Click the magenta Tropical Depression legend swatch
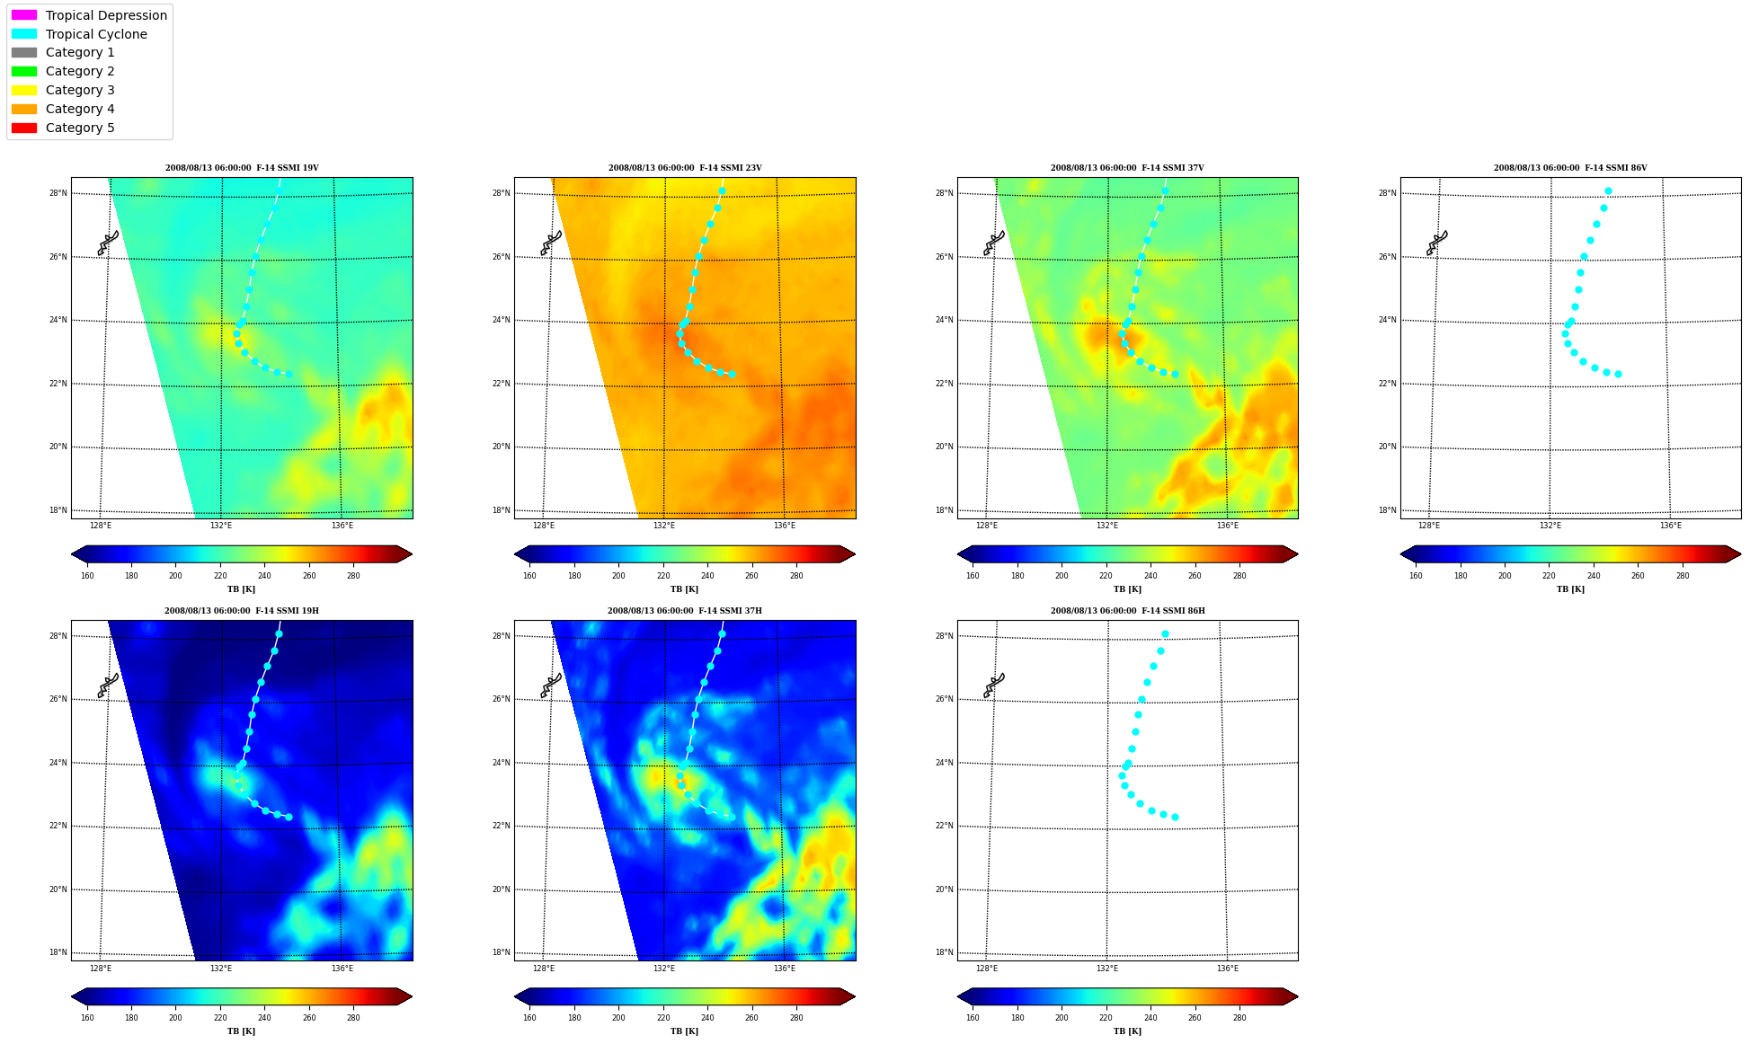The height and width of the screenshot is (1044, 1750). click(x=24, y=15)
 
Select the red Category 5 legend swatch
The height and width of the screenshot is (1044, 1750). click(x=24, y=128)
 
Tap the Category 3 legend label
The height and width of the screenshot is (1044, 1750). click(x=80, y=90)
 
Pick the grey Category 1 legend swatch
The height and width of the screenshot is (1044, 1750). click(x=24, y=53)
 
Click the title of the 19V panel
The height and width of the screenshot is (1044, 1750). click(x=242, y=168)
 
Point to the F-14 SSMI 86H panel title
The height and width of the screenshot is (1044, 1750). click(x=1128, y=611)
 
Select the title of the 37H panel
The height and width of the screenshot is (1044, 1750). click(x=685, y=611)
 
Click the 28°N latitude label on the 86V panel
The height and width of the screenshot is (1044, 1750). click(x=1388, y=193)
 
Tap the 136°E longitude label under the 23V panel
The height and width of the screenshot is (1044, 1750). click(x=785, y=526)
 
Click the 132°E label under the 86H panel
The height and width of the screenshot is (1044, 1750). click(x=1107, y=969)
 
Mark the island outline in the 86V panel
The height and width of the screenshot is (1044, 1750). click(x=1437, y=243)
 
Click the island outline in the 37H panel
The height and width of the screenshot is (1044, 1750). click(x=551, y=686)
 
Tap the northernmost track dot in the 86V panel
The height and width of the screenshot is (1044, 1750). click(x=1608, y=190)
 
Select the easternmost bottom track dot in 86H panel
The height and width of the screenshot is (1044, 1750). click(x=1175, y=817)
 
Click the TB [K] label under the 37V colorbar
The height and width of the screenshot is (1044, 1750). click(x=1127, y=589)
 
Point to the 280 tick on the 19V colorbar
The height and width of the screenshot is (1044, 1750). click(x=353, y=576)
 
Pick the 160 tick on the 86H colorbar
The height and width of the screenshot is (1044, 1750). click(x=973, y=1018)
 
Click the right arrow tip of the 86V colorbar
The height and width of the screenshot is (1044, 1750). click(x=1741, y=554)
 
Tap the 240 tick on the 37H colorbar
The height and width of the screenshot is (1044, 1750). click(x=707, y=1018)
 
